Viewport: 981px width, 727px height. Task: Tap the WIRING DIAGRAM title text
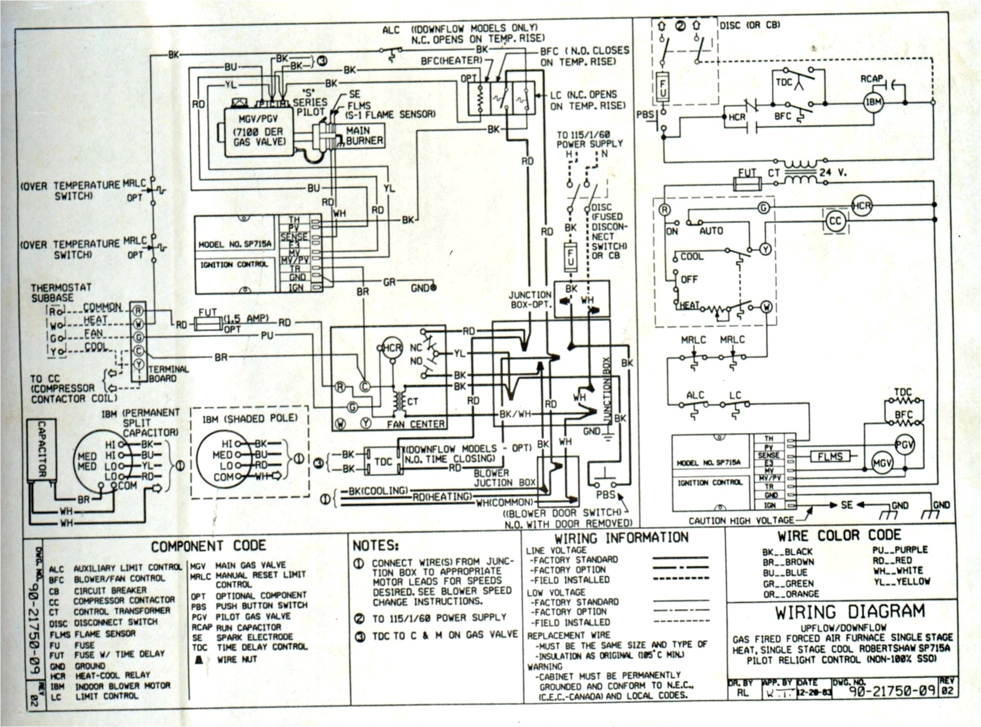point(850,612)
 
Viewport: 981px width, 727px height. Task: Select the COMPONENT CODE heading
point(209,546)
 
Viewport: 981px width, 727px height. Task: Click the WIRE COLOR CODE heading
point(839,535)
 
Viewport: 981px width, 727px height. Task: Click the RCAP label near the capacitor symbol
point(871,79)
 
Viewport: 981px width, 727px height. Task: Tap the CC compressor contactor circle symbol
point(835,221)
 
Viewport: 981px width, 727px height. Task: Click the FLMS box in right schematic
point(830,456)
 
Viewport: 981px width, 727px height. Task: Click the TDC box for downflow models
point(383,461)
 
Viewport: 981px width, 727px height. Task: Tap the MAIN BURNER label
point(364,136)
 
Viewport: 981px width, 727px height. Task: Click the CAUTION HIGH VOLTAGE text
point(741,520)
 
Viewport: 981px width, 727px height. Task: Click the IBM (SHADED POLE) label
point(250,419)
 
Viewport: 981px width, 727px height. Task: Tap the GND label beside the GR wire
point(420,288)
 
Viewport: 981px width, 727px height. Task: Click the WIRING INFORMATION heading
point(621,538)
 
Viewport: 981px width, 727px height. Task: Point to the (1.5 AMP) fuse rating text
point(246,319)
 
